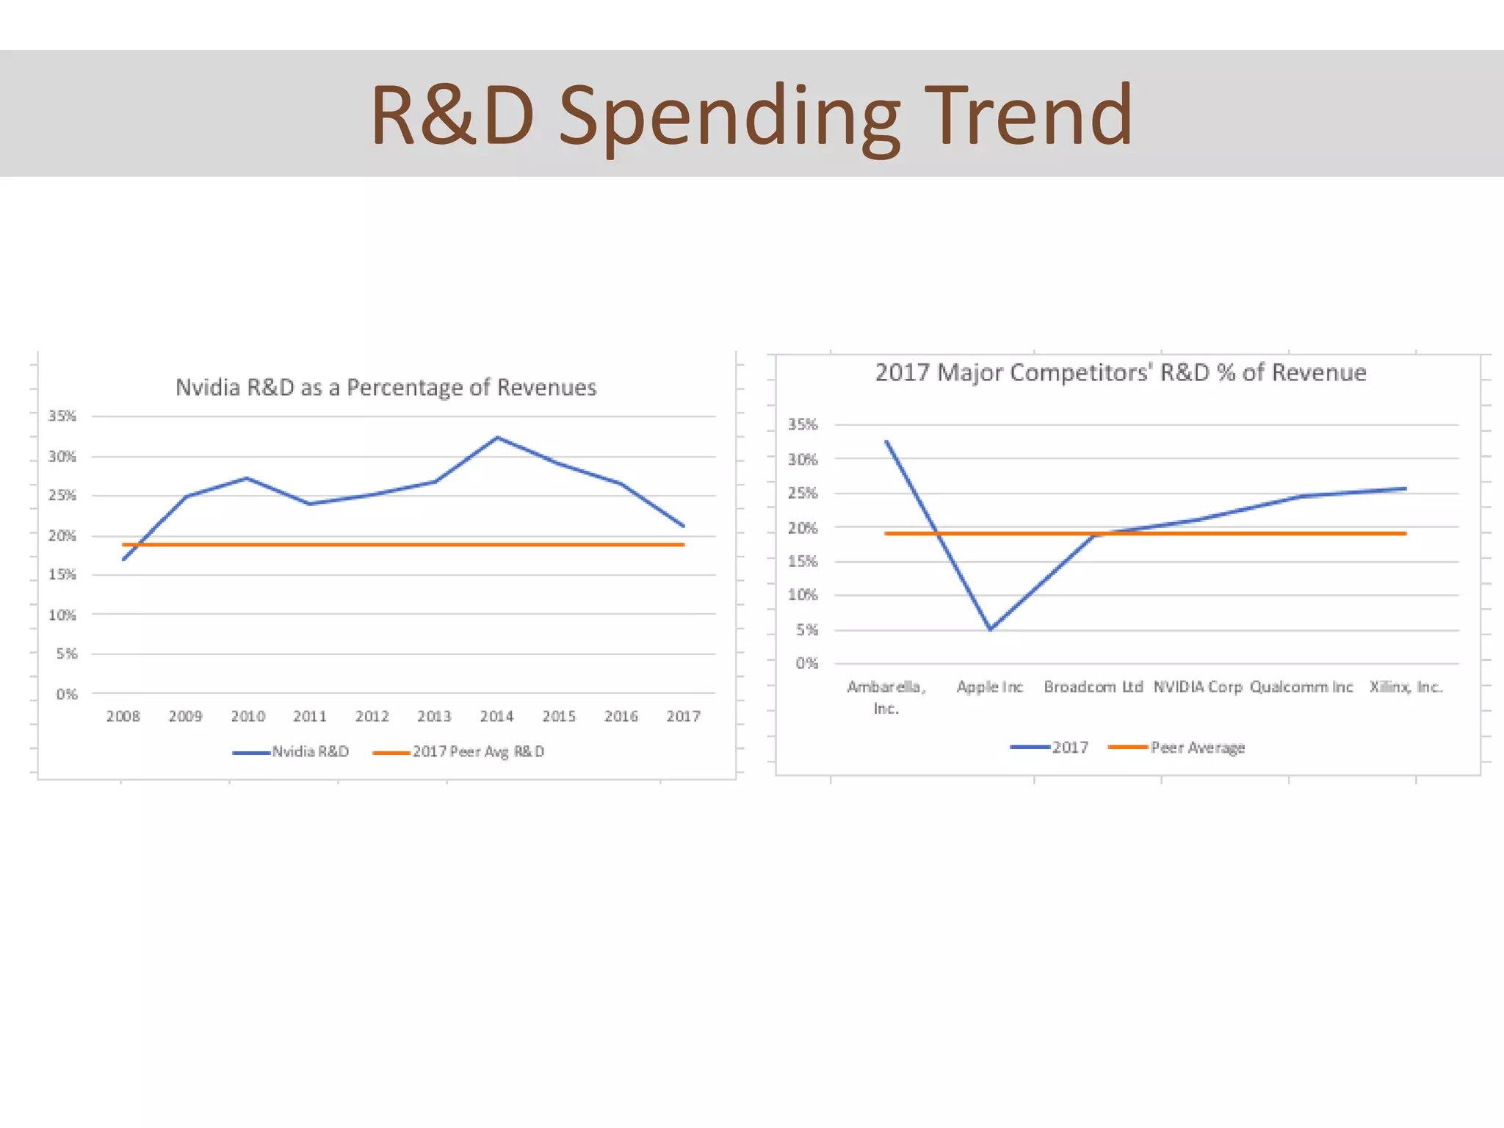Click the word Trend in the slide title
(x=1028, y=115)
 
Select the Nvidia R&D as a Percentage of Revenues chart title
(x=386, y=387)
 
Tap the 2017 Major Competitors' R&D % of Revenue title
(x=1120, y=372)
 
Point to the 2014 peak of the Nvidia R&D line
(x=497, y=438)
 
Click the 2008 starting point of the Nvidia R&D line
(x=123, y=560)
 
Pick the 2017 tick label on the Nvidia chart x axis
(x=683, y=716)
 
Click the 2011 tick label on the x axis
(x=309, y=716)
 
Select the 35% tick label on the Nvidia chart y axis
(x=62, y=416)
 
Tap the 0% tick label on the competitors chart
(x=806, y=663)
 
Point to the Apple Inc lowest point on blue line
(x=990, y=629)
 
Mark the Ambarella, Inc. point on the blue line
(x=887, y=441)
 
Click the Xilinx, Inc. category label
(x=1406, y=687)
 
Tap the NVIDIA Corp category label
(x=1197, y=687)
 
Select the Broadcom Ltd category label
(x=1093, y=687)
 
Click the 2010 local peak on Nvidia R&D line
(x=247, y=478)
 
